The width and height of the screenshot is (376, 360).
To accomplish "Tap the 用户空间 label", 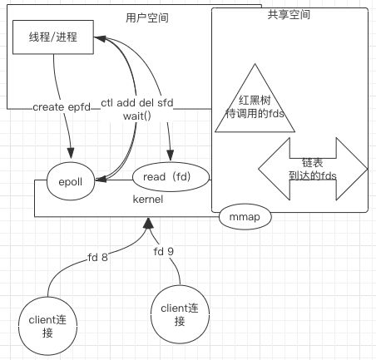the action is pyautogui.click(x=147, y=18).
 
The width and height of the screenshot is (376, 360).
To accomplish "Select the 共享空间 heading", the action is pyautogui.click(x=289, y=14).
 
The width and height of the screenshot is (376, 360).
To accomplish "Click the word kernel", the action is pyautogui.click(x=148, y=200).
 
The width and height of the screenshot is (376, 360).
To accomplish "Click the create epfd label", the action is pyautogui.click(x=62, y=107).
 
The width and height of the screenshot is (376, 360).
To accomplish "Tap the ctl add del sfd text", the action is pyautogui.click(x=137, y=103).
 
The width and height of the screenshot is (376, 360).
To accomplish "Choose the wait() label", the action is pyautogui.click(x=137, y=116).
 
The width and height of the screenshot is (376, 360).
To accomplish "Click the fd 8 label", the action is pyautogui.click(x=97, y=258).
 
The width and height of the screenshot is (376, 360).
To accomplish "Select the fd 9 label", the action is pyautogui.click(x=164, y=251).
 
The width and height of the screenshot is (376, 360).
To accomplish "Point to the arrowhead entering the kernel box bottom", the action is pyautogui.click(x=148, y=223).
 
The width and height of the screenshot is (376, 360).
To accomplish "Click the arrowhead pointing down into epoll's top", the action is pyautogui.click(x=71, y=153).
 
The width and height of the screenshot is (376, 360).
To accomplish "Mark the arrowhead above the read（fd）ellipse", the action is pyautogui.click(x=171, y=155).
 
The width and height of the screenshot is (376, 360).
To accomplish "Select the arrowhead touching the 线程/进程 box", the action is pyautogui.click(x=100, y=38).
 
